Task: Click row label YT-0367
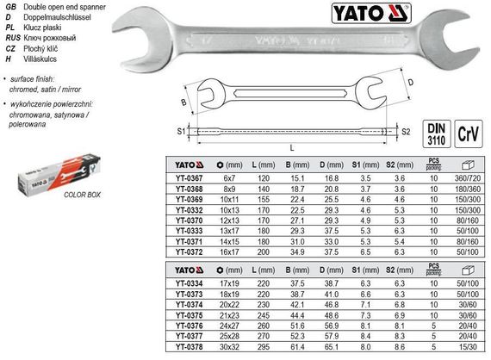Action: click(x=183, y=177)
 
